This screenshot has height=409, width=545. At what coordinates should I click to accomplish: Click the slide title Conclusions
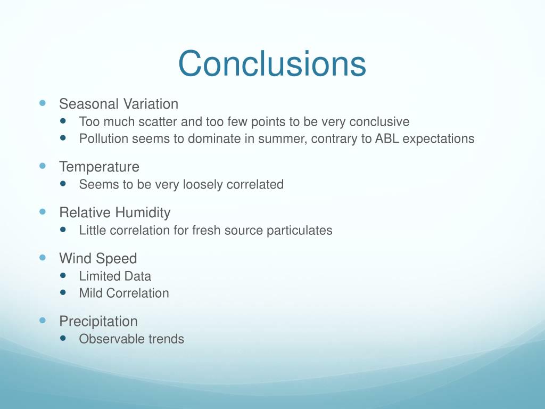(272, 64)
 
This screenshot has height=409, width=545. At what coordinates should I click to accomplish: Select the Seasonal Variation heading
(119, 104)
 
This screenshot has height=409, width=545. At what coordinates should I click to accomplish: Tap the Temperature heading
(99, 167)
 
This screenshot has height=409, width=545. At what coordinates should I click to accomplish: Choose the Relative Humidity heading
(115, 213)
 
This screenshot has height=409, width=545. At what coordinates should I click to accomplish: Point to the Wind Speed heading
(98, 259)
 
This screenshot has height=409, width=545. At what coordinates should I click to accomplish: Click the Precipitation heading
(98, 322)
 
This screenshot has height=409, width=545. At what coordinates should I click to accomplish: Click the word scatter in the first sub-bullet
(158, 122)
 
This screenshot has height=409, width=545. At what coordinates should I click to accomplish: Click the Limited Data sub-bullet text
(115, 276)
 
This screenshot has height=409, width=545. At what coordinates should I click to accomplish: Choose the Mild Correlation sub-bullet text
(124, 293)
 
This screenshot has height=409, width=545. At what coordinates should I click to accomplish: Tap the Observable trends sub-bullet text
(131, 339)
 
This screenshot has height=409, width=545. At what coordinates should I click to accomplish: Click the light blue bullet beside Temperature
(43, 166)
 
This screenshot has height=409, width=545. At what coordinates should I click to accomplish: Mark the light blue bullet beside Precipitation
(43, 321)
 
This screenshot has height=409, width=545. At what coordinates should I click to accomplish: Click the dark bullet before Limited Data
(64, 275)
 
